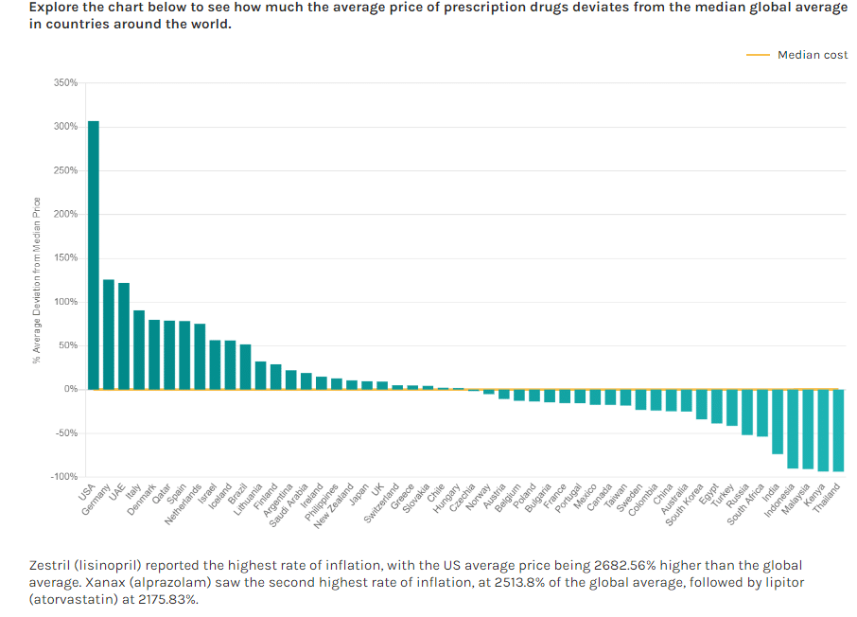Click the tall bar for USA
click(x=94, y=256)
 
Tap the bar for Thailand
click(x=838, y=430)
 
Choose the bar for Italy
click(x=139, y=349)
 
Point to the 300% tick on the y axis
click(x=65, y=127)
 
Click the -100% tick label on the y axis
click(x=63, y=477)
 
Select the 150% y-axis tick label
click(x=65, y=258)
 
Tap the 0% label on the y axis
click(x=70, y=389)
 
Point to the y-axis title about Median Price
click(x=37, y=280)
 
